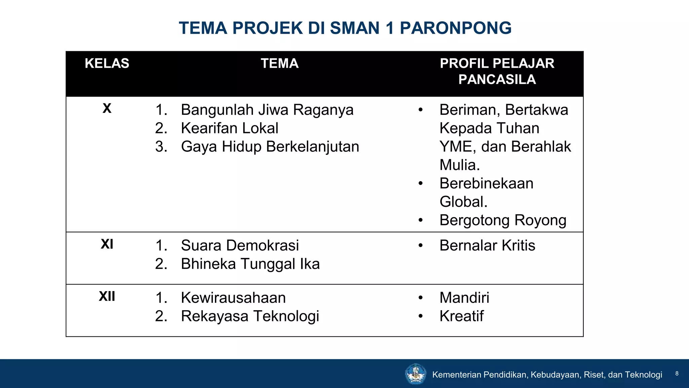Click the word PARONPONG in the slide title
point(456,28)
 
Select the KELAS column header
point(107,63)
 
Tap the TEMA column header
point(280,63)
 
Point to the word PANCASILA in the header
point(497,79)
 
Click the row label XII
point(107,296)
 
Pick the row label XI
point(107,244)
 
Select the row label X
point(107,108)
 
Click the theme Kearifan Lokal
point(229,128)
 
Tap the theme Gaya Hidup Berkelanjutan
point(270,147)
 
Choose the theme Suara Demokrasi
point(240,245)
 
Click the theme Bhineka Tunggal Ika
point(250,264)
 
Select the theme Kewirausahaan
point(233,298)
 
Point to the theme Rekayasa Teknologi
point(250,316)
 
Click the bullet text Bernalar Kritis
point(487,245)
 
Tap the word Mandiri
point(464,298)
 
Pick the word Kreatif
point(462,316)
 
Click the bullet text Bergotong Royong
point(503,220)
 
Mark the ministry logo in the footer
point(415,374)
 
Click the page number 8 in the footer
point(677,374)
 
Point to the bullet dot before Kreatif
point(421,316)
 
